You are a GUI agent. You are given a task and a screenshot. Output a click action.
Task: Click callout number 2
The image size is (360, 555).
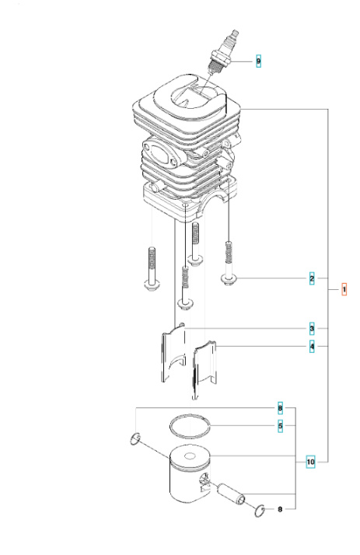[312, 277]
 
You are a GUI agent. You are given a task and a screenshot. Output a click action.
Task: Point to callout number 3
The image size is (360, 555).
[312, 327]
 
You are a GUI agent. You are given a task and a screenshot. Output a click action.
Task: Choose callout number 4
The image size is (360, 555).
[312, 346]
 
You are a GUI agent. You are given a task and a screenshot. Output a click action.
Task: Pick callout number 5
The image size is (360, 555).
[281, 425]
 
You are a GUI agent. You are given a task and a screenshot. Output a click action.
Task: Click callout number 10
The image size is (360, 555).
[311, 462]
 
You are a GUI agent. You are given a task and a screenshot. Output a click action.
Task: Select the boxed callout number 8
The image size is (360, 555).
[281, 408]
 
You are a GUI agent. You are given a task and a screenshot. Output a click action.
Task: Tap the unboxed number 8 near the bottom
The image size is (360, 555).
[281, 509]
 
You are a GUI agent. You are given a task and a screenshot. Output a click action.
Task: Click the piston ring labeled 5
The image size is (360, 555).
[191, 425]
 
